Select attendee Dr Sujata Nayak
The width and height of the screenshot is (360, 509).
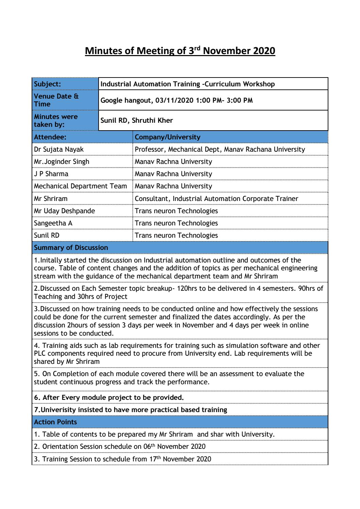tap(59, 149)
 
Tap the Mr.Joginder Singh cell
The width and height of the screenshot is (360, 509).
tap(62, 162)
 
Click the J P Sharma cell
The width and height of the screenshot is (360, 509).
tap(51, 174)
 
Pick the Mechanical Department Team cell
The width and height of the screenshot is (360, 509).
tap(80, 186)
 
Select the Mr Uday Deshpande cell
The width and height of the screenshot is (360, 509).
tap(64, 211)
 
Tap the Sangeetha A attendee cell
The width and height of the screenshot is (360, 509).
tap(53, 223)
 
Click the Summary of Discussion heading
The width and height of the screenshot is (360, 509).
tap(71, 248)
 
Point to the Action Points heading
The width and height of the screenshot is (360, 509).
tap(55, 422)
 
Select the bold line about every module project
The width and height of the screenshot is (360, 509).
tap(109, 397)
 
